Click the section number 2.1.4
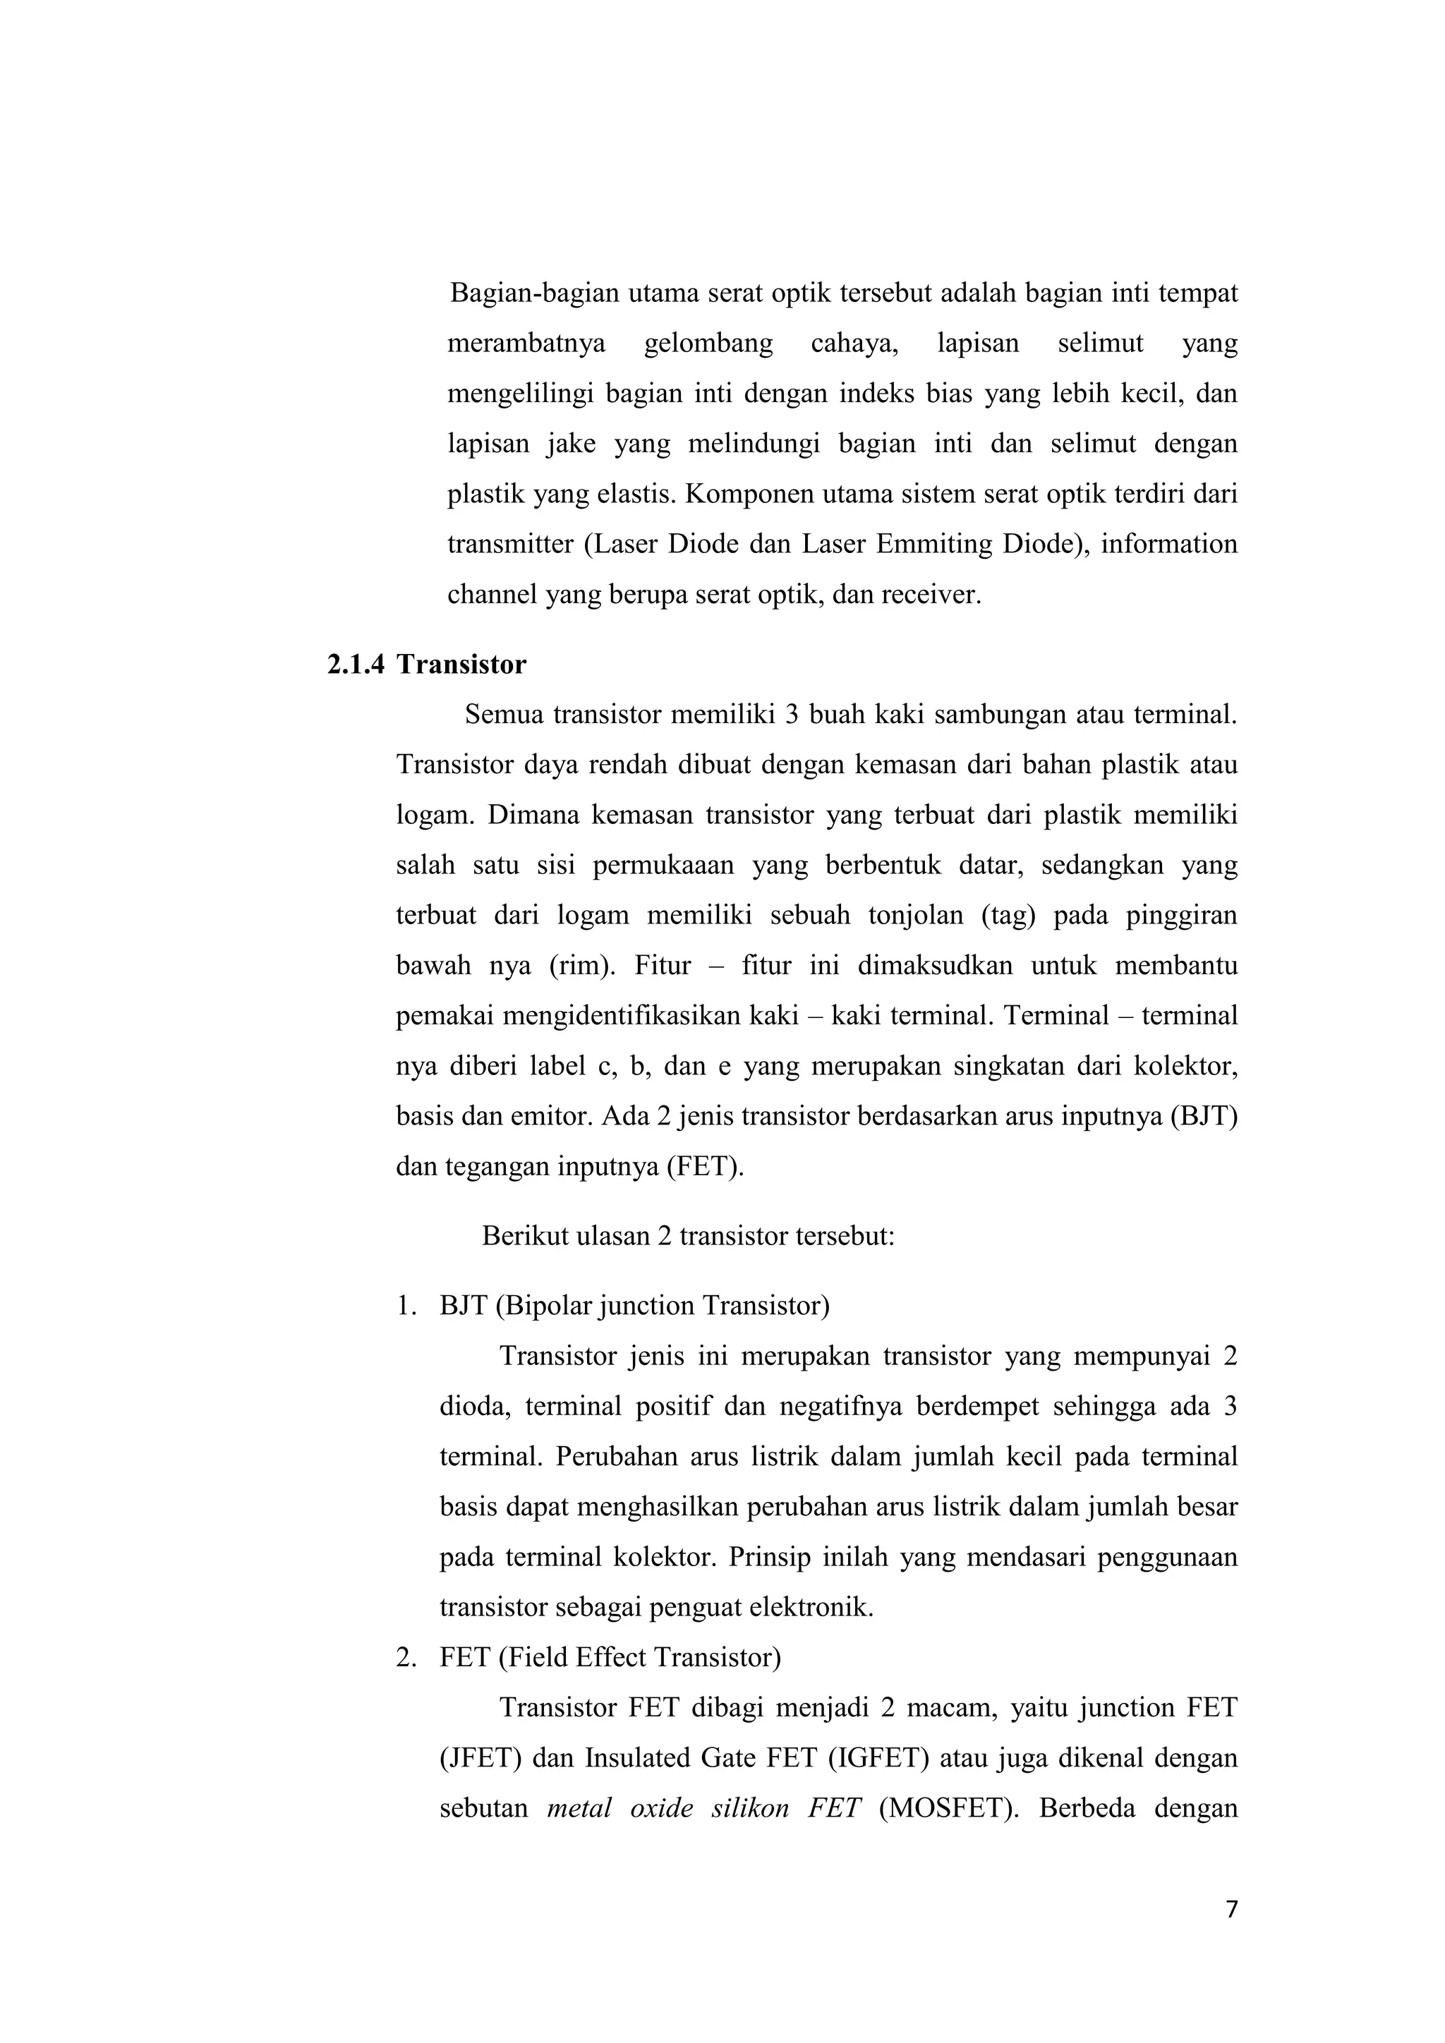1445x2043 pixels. (x=356, y=665)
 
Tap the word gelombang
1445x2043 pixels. (x=708, y=344)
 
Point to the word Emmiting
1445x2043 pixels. (x=933, y=544)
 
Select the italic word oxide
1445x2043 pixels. (x=661, y=1808)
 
